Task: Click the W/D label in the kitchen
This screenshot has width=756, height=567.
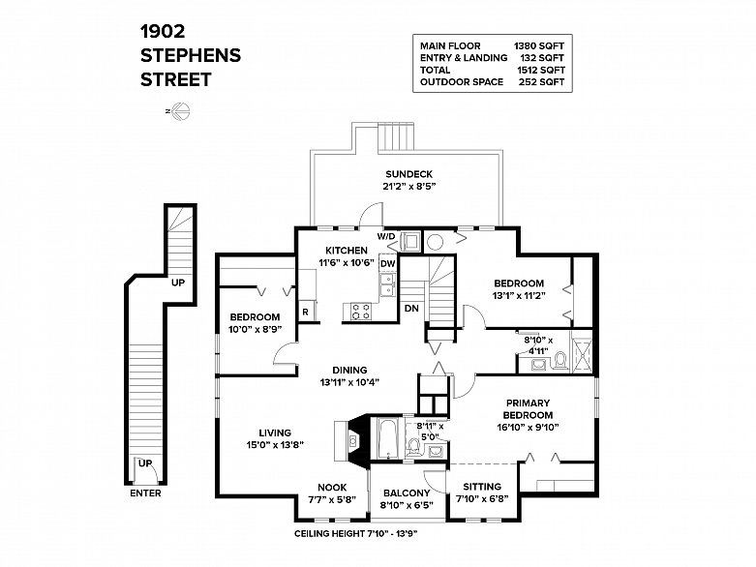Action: click(385, 235)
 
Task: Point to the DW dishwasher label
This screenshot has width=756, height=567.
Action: click(386, 263)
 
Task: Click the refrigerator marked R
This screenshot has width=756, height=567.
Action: click(305, 312)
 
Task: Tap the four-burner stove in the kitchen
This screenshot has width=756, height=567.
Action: click(361, 312)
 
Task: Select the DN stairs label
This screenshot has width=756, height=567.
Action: click(410, 310)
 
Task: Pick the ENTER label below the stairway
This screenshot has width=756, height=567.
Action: click(144, 493)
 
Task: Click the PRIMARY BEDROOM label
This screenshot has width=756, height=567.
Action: click(528, 408)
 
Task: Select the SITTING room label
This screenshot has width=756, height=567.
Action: click(481, 487)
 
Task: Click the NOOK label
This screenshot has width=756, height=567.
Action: click(333, 487)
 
